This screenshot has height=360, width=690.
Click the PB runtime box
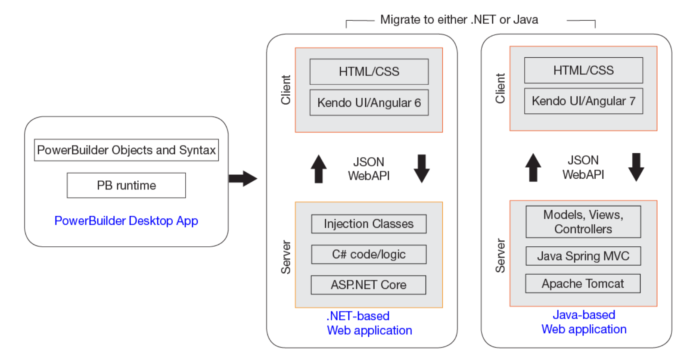click(126, 186)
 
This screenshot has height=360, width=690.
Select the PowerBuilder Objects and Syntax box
click(126, 150)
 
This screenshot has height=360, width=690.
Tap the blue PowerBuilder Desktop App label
click(126, 221)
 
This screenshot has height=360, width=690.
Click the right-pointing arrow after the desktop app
click(242, 178)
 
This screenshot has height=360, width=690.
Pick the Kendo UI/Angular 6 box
click(369, 103)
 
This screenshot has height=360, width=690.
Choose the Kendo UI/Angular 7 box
click(583, 101)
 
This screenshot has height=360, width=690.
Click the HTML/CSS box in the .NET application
click(369, 71)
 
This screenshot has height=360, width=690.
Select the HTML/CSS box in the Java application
click(583, 70)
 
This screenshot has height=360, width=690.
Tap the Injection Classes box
click(369, 224)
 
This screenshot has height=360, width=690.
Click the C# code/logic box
click(369, 254)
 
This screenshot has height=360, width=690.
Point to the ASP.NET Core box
click(368, 285)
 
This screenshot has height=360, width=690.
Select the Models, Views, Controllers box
click(583, 222)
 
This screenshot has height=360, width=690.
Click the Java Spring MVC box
click(583, 256)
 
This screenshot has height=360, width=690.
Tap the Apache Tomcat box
click(583, 284)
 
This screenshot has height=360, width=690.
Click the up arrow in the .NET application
click(319, 169)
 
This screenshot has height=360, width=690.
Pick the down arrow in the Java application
click(636, 167)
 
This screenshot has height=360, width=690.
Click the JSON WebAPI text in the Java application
click(583, 168)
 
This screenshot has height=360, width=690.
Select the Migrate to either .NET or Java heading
click(459, 20)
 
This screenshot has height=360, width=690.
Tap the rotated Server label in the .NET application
click(286, 257)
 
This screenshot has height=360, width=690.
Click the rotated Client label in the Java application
click(500, 88)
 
